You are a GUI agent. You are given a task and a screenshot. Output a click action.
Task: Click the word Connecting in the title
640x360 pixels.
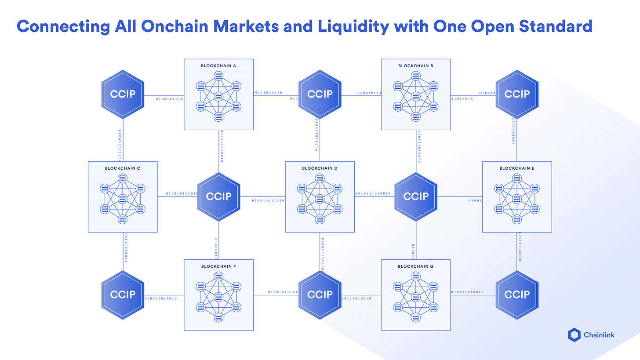pyautogui.click(x=57, y=26)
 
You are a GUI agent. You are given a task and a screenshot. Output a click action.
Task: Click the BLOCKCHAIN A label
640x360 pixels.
pyautogui.click(x=218, y=66)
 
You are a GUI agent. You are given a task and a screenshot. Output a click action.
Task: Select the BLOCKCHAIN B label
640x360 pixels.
pyautogui.click(x=416, y=66)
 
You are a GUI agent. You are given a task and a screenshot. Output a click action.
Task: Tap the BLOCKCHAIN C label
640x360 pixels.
pyautogui.click(x=123, y=168)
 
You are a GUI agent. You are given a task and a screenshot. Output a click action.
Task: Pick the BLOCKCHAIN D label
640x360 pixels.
pyautogui.click(x=320, y=168)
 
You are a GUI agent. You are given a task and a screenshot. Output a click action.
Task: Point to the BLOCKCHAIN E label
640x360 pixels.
pyautogui.click(x=517, y=168)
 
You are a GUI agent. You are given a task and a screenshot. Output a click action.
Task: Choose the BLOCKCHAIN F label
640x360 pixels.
pyautogui.click(x=218, y=266)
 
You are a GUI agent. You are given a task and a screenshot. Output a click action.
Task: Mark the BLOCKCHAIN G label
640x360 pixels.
pyautogui.click(x=416, y=266)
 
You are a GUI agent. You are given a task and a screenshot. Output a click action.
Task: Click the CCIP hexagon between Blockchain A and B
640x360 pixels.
pyautogui.click(x=320, y=94)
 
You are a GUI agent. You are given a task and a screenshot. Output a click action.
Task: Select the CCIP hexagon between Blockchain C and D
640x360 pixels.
pyautogui.click(x=218, y=196)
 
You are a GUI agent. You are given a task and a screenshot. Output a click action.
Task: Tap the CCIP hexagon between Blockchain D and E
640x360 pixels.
pyautogui.click(x=416, y=196)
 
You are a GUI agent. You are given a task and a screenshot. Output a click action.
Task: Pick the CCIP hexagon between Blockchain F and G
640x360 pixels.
pyautogui.click(x=320, y=295)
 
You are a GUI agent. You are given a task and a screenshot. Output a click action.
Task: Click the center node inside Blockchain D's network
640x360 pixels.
pyautogui.click(x=320, y=199)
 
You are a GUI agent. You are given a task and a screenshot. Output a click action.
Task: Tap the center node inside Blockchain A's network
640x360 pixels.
pyautogui.click(x=218, y=96)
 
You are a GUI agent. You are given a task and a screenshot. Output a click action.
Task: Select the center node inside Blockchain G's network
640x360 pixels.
pyautogui.click(x=416, y=297)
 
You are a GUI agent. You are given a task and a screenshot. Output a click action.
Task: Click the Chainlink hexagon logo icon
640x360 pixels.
pyautogui.click(x=574, y=335)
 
